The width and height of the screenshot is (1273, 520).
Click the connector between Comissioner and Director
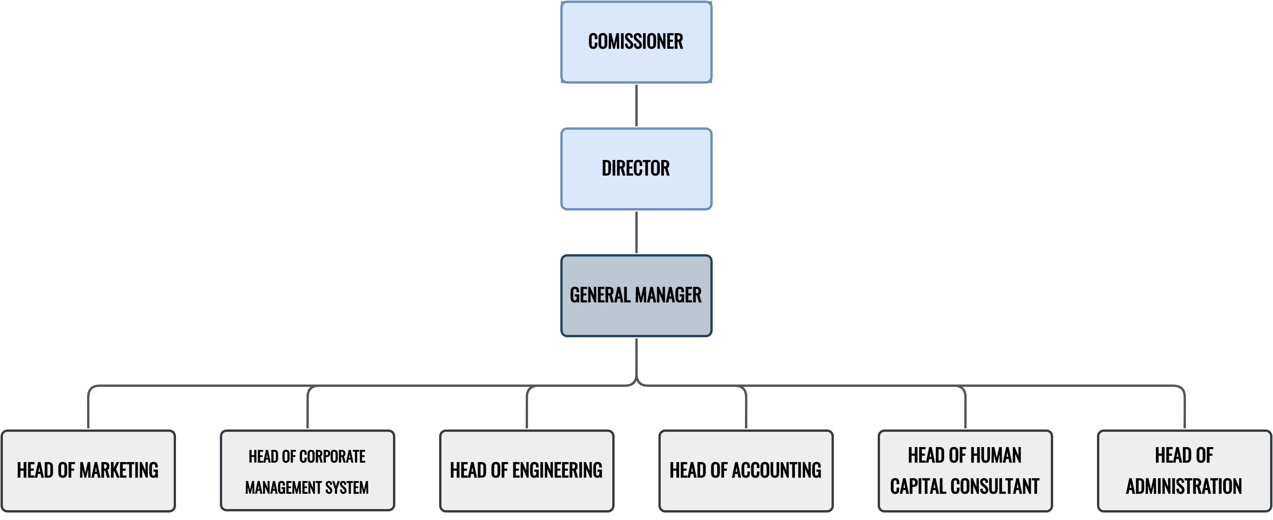pyautogui.click(x=636, y=105)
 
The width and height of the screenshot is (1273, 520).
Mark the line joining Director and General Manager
pyautogui.click(x=636, y=232)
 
